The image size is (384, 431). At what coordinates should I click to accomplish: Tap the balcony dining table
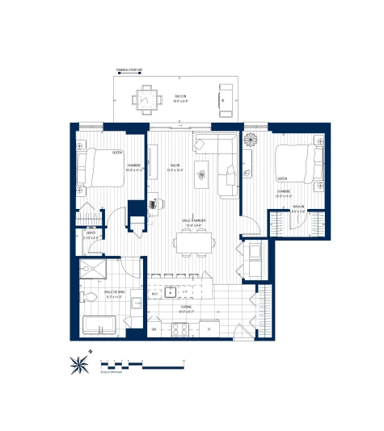(x=147, y=98)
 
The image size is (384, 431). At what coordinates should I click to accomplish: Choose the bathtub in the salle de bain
(x=100, y=325)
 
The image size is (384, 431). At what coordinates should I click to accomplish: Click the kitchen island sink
(x=172, y=292)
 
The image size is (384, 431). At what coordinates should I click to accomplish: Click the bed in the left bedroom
(x=99, y=166)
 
